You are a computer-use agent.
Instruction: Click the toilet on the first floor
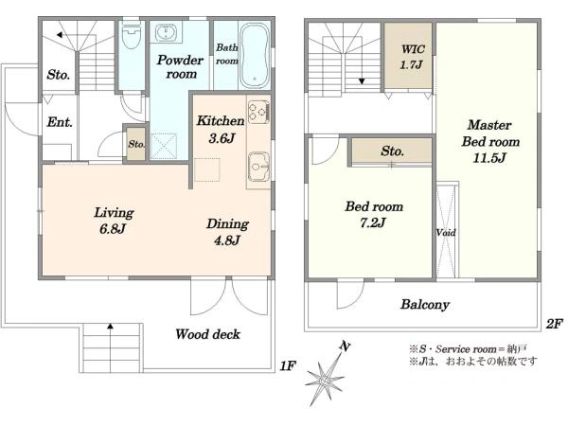(x=132, y=35)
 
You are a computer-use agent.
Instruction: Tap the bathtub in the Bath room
(x=255, y=56)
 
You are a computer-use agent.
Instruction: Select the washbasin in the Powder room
(x=167, y=32)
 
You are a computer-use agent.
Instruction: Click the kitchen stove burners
(x=258, y=111)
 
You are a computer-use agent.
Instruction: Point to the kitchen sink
(x=258, y=167)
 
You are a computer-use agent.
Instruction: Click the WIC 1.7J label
(x=412, y=57)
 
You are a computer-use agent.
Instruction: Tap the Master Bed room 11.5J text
(x=489, y=141)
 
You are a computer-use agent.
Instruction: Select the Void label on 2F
(x=446, y=233)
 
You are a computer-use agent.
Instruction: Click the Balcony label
(x=425, y=304)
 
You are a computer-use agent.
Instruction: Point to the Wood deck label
(x=207, y=334)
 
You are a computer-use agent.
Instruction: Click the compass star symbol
(x=325, y=380)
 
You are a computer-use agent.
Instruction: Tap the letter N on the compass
(x=346, y=346)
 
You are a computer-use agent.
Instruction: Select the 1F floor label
(x=288, y=365)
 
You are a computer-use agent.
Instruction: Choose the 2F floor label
(x=554, y=324)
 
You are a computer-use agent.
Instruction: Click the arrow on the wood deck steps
(x=110, y=327)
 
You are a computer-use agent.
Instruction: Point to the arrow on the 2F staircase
(x=362, y=81)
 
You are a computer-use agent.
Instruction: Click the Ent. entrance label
(x=60, y=122)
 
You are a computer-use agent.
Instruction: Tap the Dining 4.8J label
(x=227, y=232)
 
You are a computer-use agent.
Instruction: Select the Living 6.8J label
(x=114, y=221)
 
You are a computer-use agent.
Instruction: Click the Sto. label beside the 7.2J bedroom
(x=392, y=151)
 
